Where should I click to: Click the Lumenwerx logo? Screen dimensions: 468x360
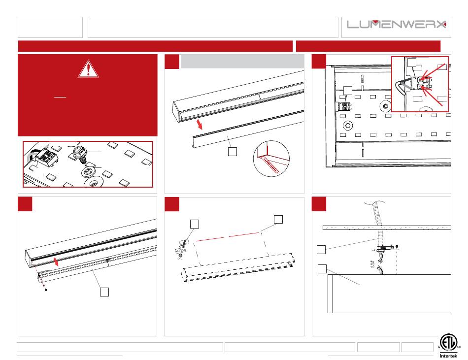click(397, 24)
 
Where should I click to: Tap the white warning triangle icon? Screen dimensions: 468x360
click(88, 69)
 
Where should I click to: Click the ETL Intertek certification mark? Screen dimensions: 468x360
click(448, 346)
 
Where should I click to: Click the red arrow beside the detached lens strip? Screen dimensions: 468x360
click(200, 124)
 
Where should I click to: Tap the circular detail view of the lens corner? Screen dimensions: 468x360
click(271, 159)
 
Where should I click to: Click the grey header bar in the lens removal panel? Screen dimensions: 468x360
click(242, 62)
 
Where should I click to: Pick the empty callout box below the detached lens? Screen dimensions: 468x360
click(233, 152)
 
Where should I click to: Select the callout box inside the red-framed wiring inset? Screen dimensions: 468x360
click(411, 63)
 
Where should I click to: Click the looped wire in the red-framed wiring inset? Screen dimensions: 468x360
click(401, 85)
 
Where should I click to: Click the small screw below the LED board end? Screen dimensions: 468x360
click(46, 289)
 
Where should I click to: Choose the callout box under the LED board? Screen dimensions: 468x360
click(104, 292)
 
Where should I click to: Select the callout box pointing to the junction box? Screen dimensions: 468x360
click(195, 224)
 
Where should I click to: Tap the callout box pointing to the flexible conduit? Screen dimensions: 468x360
click(321, 249)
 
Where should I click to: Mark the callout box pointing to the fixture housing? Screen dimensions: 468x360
click(322, 269)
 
